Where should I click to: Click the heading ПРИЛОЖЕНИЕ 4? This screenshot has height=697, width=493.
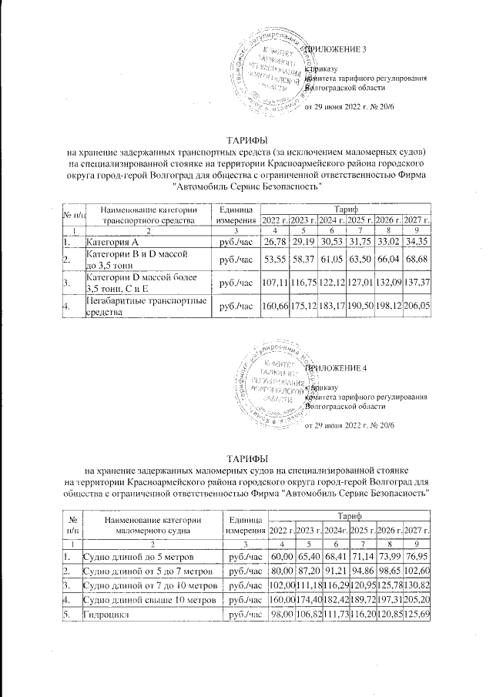[337, 367]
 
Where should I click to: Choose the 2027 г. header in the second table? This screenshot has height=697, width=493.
[418, 531]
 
